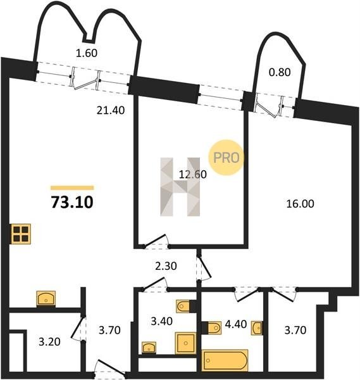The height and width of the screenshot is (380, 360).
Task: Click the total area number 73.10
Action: (x=72, y=203)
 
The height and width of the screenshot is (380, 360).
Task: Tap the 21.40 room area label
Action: (x=111, y=110)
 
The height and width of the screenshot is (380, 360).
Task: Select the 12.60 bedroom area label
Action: (x=193, y=174)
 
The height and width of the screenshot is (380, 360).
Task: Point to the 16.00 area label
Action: (x=300, y=204)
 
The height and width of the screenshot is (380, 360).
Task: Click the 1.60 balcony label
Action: (x=87, y=53)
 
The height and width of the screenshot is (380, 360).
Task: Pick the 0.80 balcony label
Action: (x=280, y=72)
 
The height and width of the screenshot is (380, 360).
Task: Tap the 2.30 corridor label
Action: (x=166, y=266)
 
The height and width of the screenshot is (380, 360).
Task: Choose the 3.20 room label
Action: (x=49, y=342)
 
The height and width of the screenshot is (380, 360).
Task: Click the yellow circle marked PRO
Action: (x=226, y=158)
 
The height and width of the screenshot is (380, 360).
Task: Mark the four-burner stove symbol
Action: (x=21, y=234)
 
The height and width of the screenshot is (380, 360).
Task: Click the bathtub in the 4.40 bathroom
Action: (x=225, y=360)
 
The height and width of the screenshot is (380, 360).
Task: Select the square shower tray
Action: (x=185, y=343)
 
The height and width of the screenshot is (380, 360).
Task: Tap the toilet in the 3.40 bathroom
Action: (x=186, y=307)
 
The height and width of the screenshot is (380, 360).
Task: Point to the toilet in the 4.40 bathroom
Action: (x=211, y=327)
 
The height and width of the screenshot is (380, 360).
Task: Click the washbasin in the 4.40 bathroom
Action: (x=257, y=328)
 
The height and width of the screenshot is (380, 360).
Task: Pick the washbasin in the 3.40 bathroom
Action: (x=149, y=348)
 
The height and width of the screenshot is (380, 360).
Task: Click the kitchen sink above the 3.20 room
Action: (x=46, y=299)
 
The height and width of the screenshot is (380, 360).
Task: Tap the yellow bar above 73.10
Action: (x=72, y=187)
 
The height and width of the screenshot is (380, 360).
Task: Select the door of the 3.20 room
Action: (x=78, y=329)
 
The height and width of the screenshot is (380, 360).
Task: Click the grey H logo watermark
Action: (x=180, y=187)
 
